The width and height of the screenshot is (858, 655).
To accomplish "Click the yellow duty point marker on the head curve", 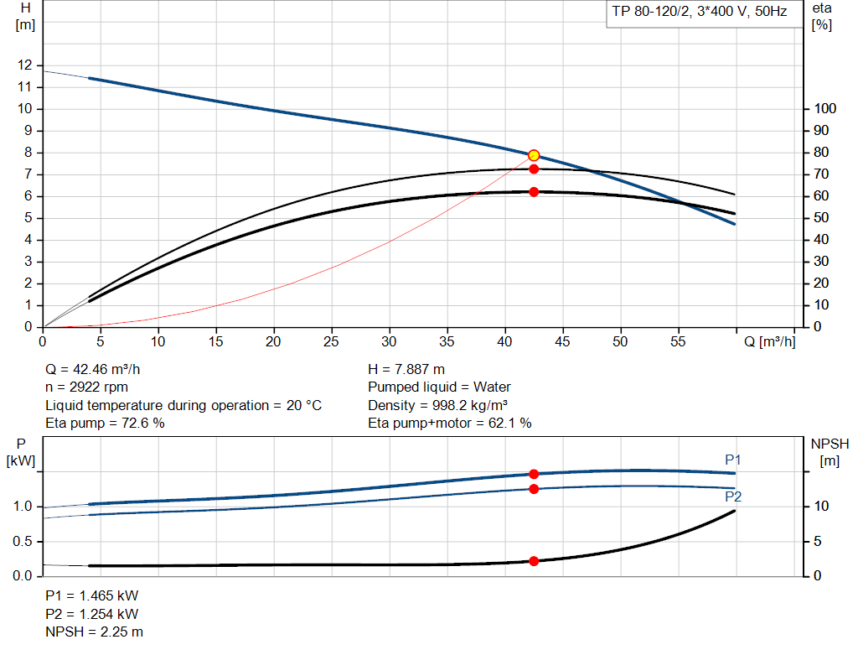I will pos(534,155).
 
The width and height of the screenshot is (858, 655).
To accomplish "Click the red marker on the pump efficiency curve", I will pos(534,169).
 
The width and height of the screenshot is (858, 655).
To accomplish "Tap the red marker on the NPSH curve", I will pos(534,561).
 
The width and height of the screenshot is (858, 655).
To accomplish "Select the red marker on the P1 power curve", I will pos(534,474).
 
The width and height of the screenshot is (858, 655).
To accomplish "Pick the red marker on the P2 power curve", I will pos(534,489).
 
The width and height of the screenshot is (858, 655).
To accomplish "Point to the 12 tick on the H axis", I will pos(25,65).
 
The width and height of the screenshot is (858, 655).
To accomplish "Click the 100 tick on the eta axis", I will pos(824,109).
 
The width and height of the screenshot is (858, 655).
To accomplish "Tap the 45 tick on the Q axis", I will pos(563,341).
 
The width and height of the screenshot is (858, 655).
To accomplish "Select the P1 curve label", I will pos(733,460).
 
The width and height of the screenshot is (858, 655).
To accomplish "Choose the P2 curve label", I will pos(733,496).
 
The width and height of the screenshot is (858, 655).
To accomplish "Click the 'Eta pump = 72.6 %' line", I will pos(105,424).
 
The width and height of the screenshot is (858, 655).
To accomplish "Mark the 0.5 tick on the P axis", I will pos(23,542).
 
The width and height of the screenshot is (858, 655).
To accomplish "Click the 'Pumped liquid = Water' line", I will pos(439,387).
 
